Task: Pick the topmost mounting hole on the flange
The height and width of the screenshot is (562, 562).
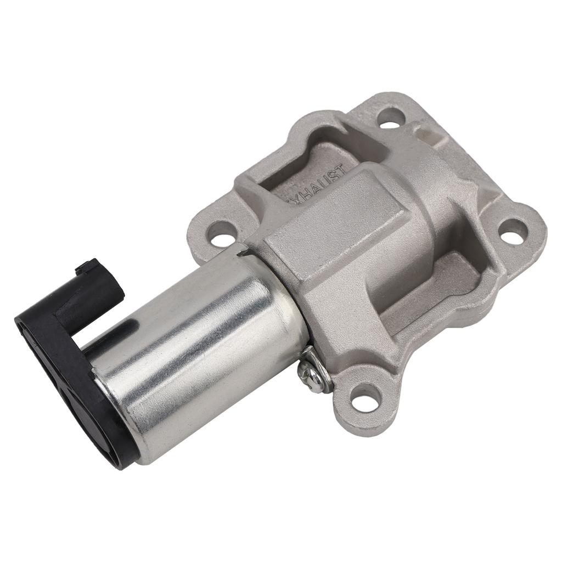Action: tap(391, 117)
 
